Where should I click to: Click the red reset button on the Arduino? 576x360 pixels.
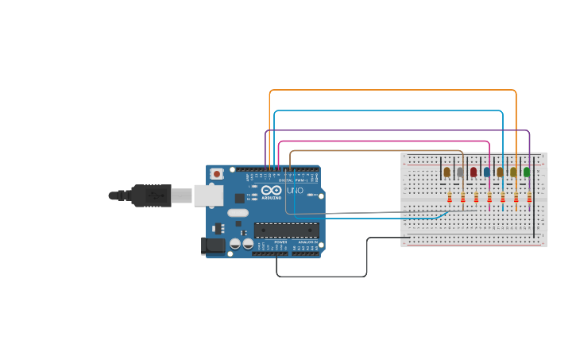tap(217, 173)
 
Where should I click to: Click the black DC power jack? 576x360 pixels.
tap(212, 246)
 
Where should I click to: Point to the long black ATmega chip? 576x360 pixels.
tap(287, 230)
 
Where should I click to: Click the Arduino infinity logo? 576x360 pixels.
tap(272, 191)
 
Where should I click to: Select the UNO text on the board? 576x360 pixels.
tap(295, 191)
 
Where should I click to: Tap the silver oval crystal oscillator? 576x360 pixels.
tap(238, 212)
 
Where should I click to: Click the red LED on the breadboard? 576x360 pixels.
tap(474, 172)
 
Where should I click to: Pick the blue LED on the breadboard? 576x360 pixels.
tap(487, 172)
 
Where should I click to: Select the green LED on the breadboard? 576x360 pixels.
tap(526, 172)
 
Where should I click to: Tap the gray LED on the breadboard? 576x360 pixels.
tap(460, 172)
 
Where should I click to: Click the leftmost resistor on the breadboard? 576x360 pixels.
tap(450, 197)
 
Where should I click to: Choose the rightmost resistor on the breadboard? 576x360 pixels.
tap(529, 197)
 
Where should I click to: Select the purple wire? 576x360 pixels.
tap(397, 130)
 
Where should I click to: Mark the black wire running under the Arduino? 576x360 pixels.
tap(322, 277)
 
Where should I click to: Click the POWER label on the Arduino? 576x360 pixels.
tap(280, 242)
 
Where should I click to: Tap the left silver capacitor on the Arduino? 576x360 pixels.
tap(235, 244)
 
